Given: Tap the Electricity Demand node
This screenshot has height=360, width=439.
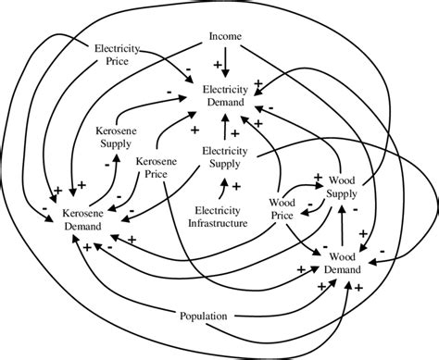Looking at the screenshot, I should [x=219, y=94].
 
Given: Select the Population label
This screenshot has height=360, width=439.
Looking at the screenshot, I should [x=204, y=317].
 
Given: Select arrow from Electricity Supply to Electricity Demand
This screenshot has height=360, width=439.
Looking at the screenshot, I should [x=223, y=127].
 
